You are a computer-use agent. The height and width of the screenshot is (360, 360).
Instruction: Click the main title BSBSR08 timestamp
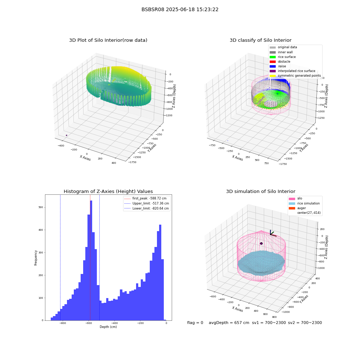(180, 10)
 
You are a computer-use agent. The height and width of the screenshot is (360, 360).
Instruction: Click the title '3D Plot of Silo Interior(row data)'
(108, 40)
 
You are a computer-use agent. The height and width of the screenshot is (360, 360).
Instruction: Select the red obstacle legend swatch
(273, 62)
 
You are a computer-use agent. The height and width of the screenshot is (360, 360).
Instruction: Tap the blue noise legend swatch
(273, 66)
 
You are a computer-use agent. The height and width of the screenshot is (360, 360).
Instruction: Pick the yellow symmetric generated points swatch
(273, 76)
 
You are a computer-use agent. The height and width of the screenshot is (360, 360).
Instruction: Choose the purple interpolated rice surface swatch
(273, 71)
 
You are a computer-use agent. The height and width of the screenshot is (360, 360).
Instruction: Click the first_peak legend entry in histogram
(147, 198)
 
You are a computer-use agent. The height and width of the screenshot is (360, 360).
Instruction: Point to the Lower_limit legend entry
(147, 208)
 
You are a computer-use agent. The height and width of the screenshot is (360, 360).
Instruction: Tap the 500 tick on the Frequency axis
(41, 207)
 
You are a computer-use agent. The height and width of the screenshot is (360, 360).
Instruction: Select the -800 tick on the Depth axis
(63, 323)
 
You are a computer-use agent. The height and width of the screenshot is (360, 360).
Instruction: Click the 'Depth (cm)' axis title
(108, 327)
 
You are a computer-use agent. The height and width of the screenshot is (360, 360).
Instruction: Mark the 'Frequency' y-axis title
(36, 258)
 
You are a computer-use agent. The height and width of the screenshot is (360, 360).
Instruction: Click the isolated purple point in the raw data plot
(67, 135)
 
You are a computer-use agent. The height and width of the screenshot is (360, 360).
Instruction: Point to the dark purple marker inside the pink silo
(261, 243)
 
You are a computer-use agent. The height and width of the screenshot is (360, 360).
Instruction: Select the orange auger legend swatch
(292, 208)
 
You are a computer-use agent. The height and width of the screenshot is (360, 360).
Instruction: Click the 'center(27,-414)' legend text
(309, 213)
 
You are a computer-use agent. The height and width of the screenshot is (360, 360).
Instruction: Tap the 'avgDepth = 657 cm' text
(229, 323)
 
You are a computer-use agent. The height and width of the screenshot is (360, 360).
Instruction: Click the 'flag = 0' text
(195, 323)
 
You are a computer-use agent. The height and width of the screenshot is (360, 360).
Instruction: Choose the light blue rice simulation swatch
(292, 203)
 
